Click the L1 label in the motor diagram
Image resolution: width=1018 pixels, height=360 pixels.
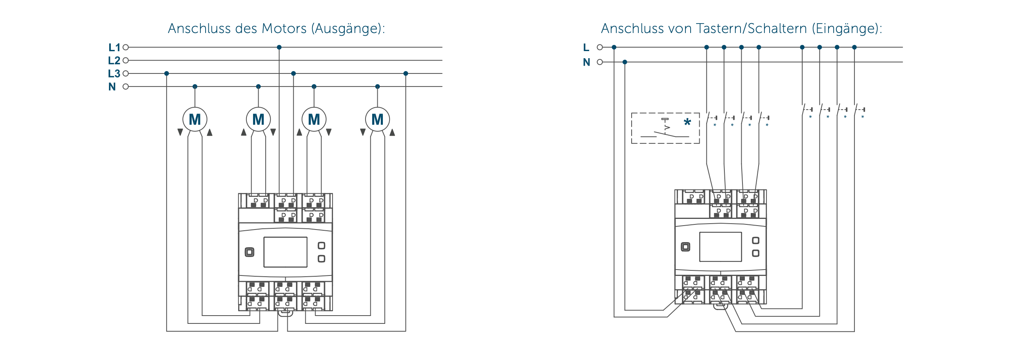point(114,48)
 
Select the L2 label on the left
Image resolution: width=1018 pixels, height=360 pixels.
point(114,61)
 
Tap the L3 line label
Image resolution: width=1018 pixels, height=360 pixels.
point(114,73)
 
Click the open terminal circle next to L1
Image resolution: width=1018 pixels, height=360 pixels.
point(126,48)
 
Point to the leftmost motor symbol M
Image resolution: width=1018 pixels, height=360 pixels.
point(195,119)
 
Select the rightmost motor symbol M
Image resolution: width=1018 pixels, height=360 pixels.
point(377,119)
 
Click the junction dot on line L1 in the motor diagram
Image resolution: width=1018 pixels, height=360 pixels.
point(279,48)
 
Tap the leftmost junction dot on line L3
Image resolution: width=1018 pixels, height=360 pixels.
point(167,73)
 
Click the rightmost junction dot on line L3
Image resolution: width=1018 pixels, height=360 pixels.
point(406,73)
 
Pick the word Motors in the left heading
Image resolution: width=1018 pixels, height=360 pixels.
point(284,28)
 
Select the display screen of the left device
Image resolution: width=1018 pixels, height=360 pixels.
point(285,252)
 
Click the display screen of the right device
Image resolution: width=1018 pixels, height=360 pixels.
point(720,247)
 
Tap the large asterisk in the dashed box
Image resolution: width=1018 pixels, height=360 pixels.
point(687,122)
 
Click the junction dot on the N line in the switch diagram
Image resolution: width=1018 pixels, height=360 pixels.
point(625,62)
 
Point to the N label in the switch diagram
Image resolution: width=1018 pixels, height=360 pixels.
point(586,62)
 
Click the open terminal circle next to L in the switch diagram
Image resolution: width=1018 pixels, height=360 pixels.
point(600,48)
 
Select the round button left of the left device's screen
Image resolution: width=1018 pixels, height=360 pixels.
point(249,252)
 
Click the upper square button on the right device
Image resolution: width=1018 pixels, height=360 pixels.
point(755,241)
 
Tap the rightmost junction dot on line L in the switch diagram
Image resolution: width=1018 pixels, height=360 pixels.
point(854,48)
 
